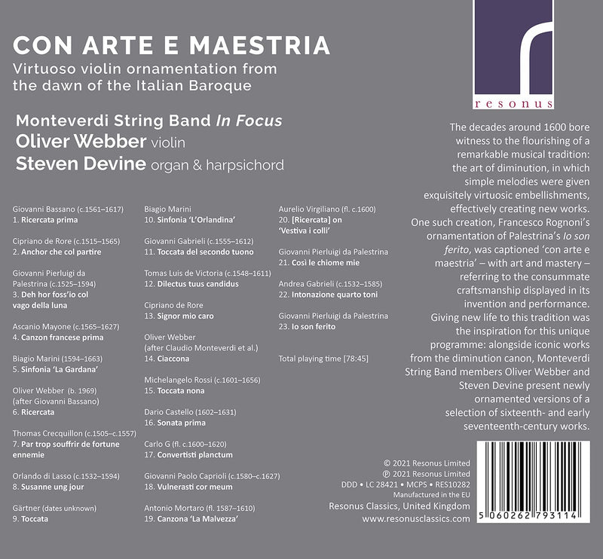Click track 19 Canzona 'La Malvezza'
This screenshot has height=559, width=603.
(193, 519)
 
